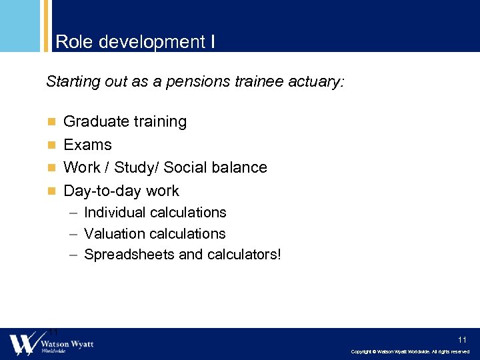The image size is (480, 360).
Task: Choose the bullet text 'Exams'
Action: tap(87, 145)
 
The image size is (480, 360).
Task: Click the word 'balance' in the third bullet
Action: tap(239, 167)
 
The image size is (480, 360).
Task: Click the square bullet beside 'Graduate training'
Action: tap(51, 122)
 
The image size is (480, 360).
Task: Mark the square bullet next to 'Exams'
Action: tap(51, 145)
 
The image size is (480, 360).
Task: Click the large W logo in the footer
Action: tap(21, 344)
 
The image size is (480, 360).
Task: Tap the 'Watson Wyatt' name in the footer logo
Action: tap(67, 343)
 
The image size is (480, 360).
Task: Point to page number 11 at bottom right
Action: tap(462, 339)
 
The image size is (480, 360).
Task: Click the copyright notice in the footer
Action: tap(410, 352)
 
